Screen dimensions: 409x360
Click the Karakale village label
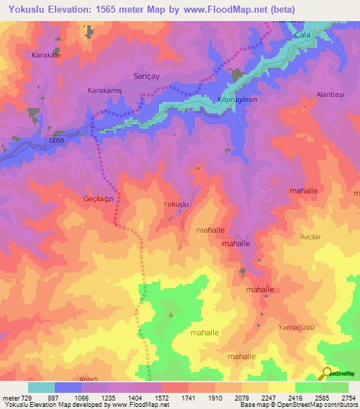[x=48, y=54]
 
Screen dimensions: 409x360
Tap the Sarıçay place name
[x=145, y=75]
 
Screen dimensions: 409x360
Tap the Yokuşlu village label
[x=176, y=204]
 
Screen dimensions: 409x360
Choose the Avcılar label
[x=310, y=237]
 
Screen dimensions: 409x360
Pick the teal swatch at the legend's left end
[x=41, y=387]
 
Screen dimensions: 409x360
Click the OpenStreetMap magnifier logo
[x=327, y=373]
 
